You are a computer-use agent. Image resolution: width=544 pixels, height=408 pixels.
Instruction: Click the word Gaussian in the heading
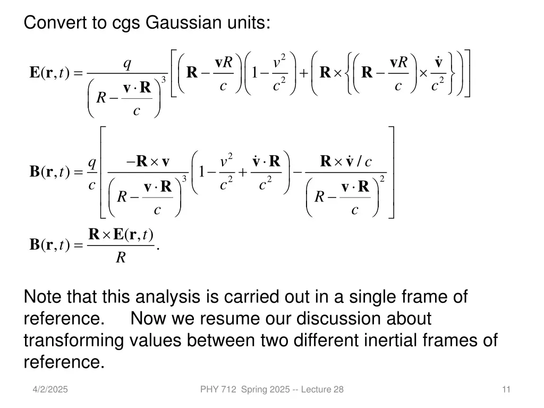pos(176,23)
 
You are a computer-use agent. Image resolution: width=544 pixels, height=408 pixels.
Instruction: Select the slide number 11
pos(506,389)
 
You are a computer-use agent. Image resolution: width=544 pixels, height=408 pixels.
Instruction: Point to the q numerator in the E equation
pos(127,64)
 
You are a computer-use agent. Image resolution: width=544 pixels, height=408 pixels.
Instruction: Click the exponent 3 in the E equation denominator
pos(164,80)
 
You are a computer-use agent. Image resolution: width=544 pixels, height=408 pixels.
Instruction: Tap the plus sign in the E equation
pos(303,73)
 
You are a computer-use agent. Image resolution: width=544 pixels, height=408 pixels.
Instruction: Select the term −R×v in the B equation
pos(148,161)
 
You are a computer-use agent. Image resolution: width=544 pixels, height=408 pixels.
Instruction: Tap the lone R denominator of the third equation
pos(121,258)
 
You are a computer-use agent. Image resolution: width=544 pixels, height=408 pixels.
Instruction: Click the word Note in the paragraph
pos(40,297)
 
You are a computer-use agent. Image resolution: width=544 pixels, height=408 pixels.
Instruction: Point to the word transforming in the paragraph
pos(73,341)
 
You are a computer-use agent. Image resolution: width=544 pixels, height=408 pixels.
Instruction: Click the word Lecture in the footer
pos(317,389)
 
